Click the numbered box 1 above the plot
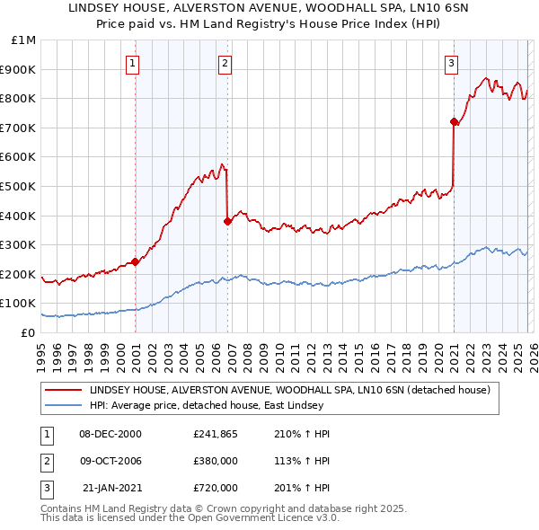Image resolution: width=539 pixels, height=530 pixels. click(133, 63)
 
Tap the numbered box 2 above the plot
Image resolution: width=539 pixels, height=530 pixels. click(225, 63)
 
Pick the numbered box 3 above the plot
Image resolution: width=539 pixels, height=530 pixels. click(451, 63)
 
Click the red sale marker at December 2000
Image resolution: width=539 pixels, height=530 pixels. click(136, 262)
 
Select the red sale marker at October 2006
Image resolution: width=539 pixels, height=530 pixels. click(227, 222)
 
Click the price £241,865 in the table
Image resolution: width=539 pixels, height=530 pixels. click(216, 434)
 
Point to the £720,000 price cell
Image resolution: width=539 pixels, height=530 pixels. click(216, 488)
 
